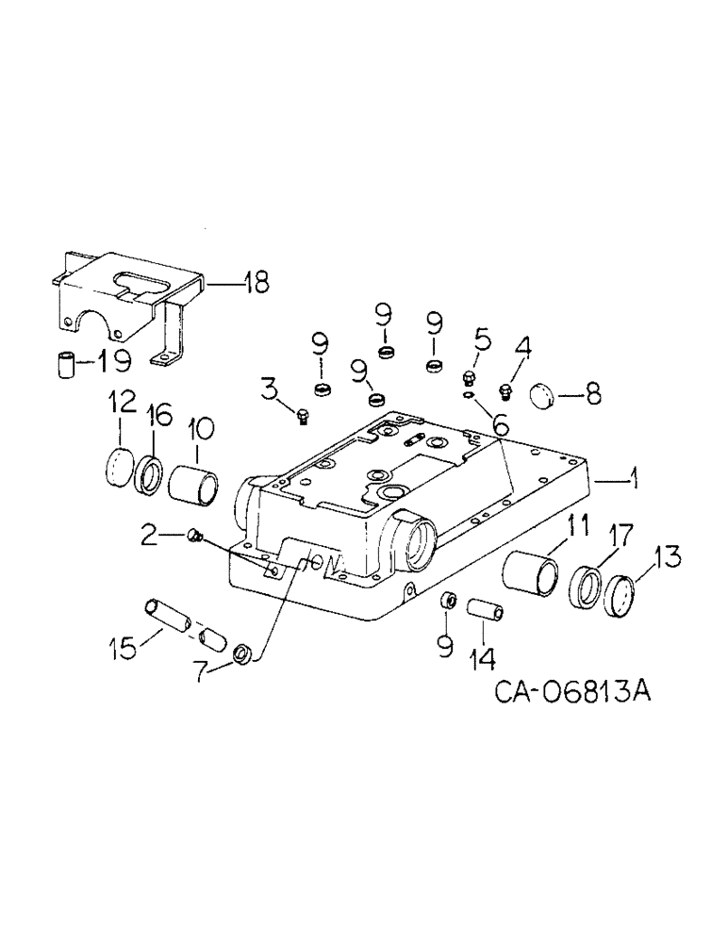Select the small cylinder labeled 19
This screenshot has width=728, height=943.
(63, 363)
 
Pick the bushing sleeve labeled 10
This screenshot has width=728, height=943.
(193, 482)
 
